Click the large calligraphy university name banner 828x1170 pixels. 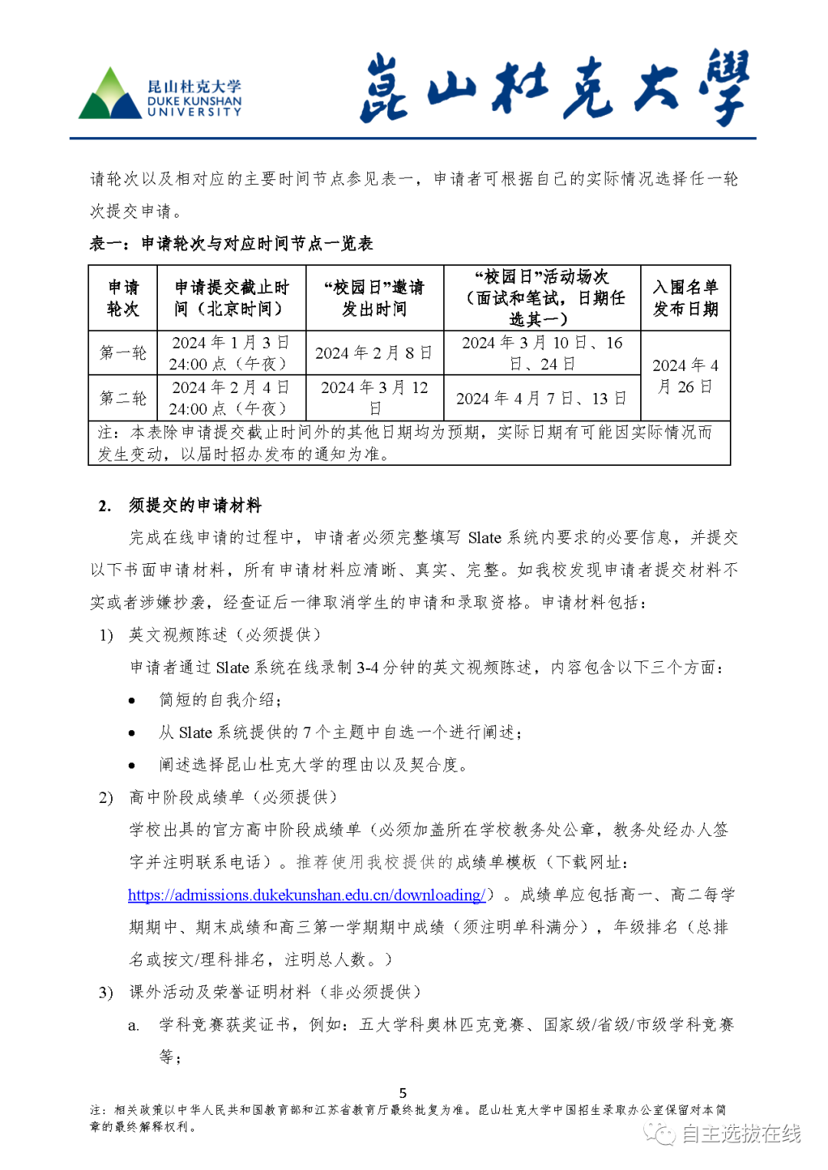[x=554, y=87]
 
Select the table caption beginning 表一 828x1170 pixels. [x=231, y=244]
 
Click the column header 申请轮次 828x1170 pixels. [x=123, y=298]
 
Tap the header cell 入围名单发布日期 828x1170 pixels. [x=685, y=298]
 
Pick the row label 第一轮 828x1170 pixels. [x=123, y=352]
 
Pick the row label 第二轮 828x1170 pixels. [x=123, y=398]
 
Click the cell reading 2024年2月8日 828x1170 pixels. [x=374, y=352]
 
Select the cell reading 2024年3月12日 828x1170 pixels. [x=374, y=398]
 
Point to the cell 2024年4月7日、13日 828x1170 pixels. [x=541, y=398]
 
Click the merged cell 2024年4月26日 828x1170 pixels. [x=685, y=375]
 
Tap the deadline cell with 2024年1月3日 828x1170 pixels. [x=231, y=352]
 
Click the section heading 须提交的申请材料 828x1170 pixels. [x=195, y=506]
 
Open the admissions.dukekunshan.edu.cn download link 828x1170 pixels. [x=306, y=895]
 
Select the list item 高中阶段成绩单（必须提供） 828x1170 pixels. [x=233, y=798]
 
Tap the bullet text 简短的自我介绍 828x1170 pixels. [x=219, y=700]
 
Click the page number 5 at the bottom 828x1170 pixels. [x=403, y=1093]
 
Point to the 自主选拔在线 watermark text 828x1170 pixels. [x=741, y=1133]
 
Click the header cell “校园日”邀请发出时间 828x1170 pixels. [x=374, y=298]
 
